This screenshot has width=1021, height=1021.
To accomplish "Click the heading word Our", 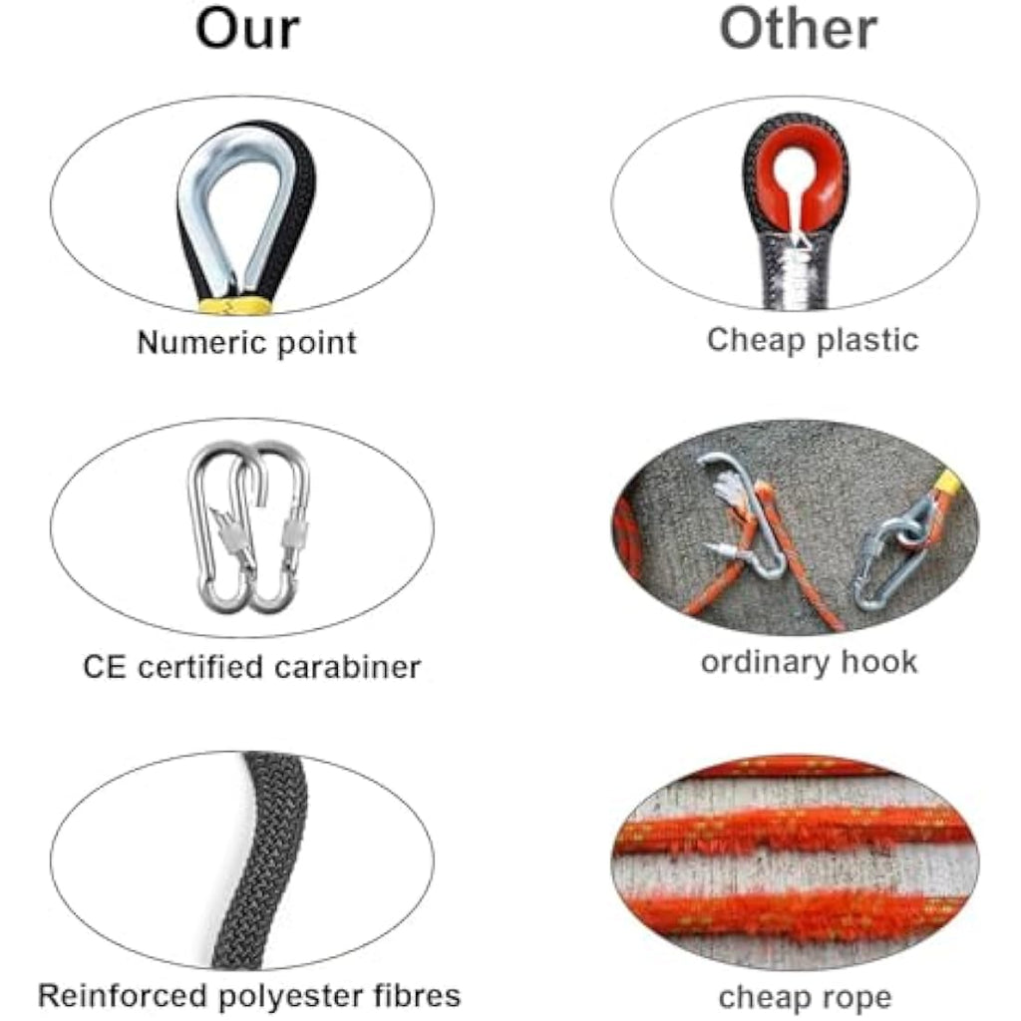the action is [247, 29].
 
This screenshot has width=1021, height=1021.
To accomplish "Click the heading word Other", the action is [799, 29].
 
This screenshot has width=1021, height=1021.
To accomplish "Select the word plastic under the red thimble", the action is [866, 341].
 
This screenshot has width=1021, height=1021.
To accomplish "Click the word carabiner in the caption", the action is [347, 667].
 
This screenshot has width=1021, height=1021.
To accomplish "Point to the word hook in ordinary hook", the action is [879, 661].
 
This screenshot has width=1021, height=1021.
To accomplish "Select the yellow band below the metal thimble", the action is [234, 305].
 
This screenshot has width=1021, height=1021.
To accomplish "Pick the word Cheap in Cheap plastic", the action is [757, 341].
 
